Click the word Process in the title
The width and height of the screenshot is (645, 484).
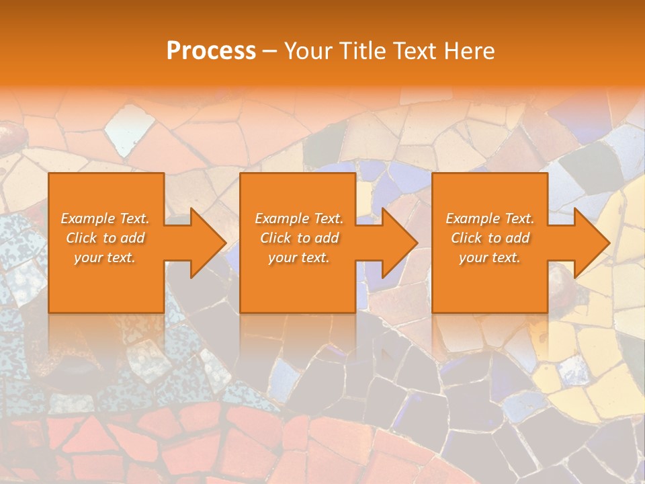[211, 51]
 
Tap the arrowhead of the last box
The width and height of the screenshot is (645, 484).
[591, 243]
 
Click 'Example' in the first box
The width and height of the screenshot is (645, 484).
[87, 218]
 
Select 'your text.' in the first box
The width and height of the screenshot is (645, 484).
[105, 257]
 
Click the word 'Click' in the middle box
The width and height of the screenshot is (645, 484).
[275, 238]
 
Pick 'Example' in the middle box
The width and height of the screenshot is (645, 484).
[282, 218]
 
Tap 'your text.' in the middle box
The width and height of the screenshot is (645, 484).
[298, 257]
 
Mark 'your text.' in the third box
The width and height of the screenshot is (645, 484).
[490, 257]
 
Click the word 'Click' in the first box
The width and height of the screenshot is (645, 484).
[81, 238]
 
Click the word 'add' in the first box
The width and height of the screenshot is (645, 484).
[132, 238]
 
